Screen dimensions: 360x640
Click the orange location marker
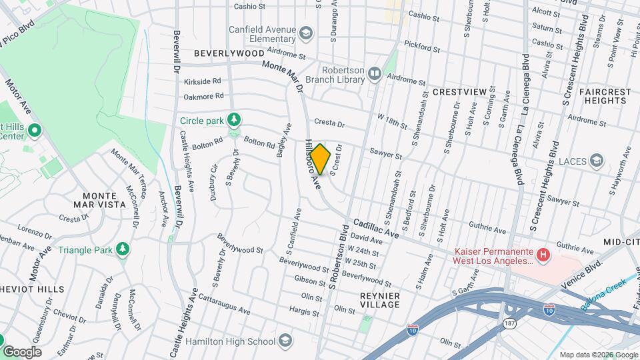[321, 159]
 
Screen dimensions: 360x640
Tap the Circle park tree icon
[233, 120]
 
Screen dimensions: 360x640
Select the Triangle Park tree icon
[122, 249]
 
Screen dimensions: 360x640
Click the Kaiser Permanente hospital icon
[544, 254]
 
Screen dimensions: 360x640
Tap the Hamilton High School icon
[285, 341]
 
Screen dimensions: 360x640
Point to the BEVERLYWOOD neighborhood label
[229, 53]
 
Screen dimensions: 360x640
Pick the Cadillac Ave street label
[376, 229]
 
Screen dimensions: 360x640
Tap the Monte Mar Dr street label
[283, 75]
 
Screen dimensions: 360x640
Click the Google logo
[22, 351]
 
